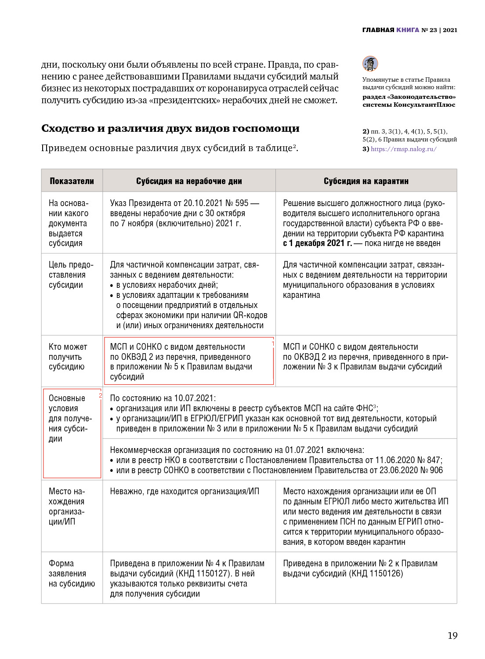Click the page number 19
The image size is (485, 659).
[x=452, y=635]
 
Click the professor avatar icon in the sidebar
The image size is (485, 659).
[x=370, y=64]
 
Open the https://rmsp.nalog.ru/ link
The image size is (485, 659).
[x=403, y=149]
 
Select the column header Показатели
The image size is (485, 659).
[x=72, y=181]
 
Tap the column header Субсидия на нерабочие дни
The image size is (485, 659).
[x=189, y=181]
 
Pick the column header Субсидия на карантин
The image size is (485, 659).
[x=366, y=181]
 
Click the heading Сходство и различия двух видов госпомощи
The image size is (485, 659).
[x=170, y=128]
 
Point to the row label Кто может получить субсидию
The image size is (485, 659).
[x=68, y=357]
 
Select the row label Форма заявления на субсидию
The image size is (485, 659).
[x=72, y=573]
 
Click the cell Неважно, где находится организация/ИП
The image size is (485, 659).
[x=185, y=491]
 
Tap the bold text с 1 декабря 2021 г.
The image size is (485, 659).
[x=317, y=243]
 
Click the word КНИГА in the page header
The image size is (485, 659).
[x=408, y=30]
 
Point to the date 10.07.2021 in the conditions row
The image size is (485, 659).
[x=193, y=398]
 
